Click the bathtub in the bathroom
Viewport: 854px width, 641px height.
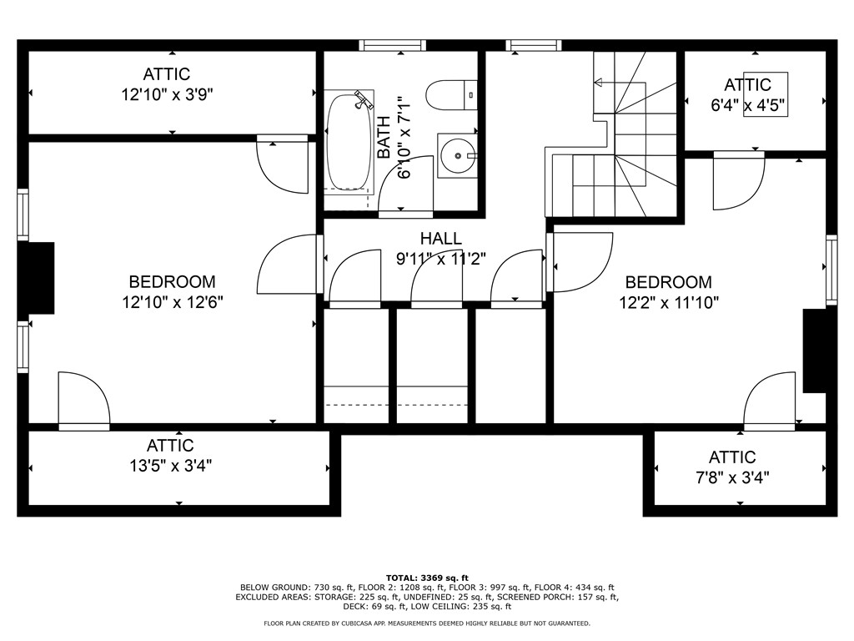click(349, 143)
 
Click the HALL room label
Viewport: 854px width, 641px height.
click(440, 240)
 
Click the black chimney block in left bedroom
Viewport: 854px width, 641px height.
click(38, 278)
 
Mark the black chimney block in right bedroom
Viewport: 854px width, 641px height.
click(815, 351)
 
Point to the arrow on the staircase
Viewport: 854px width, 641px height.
click(597, 82)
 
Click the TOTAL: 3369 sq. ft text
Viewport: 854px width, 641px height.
click(427, 578)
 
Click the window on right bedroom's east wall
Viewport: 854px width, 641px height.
click(831, 270)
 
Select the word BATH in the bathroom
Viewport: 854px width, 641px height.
click(384, 137)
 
